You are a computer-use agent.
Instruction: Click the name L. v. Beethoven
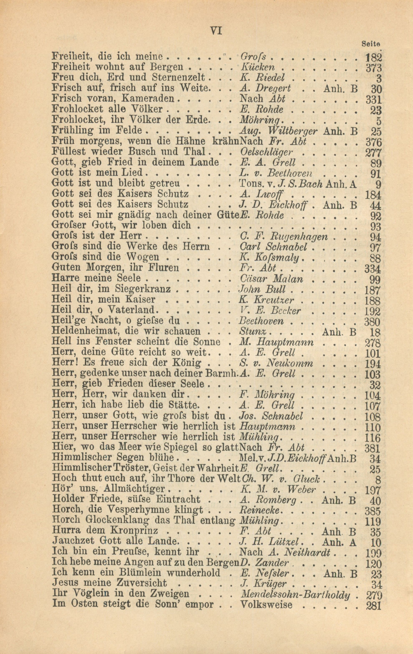point(273,173)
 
